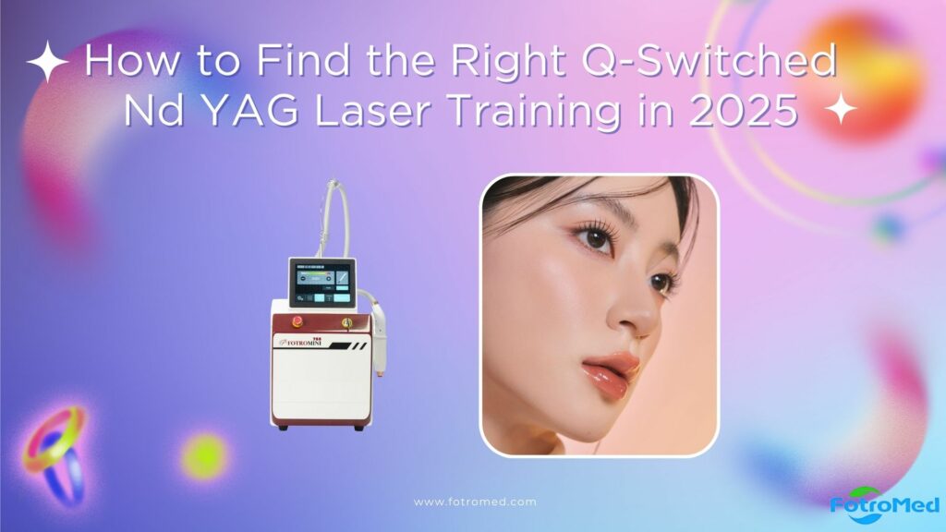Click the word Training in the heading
coord(590,112)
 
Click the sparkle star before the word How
coord(47,64)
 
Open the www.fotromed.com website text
coord(475,502)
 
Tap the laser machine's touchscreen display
coord(322,284)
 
